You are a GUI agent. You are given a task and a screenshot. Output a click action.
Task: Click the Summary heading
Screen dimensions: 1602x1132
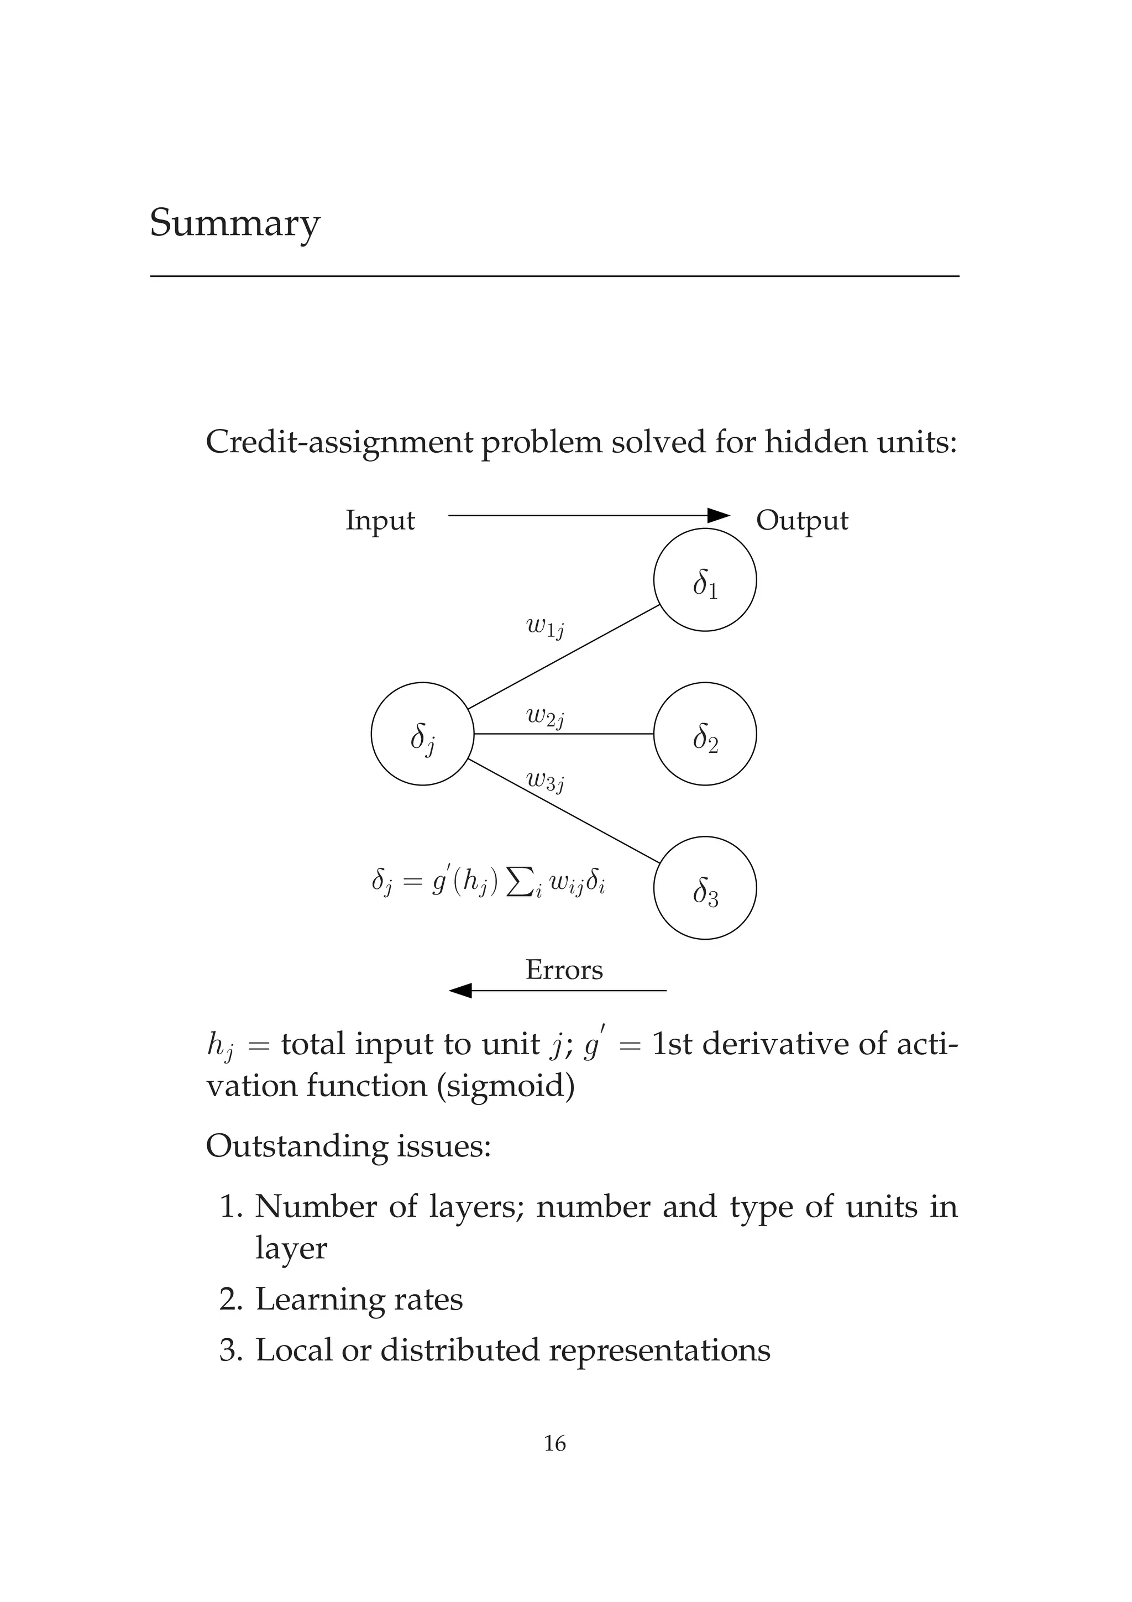tap(234, 223)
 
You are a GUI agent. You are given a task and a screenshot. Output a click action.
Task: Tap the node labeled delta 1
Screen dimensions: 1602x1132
tap(704, 580)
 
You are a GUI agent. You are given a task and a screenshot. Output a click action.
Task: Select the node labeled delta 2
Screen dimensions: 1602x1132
tap(704, 734)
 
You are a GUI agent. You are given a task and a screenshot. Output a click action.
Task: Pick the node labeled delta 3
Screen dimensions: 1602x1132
tap(704, 888)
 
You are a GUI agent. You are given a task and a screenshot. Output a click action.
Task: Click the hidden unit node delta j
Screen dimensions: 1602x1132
tap(422, 734)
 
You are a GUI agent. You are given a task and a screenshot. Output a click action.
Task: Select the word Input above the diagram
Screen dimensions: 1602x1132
tap(380, 521)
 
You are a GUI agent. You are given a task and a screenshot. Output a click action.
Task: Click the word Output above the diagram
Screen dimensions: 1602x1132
tap(802, 521)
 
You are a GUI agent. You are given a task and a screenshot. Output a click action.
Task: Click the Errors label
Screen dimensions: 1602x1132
tap(564, 970)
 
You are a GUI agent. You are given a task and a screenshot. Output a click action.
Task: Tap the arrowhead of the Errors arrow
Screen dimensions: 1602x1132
tap(460, 990)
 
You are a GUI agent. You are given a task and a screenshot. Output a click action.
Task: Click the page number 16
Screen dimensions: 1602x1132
tap(554, 1443)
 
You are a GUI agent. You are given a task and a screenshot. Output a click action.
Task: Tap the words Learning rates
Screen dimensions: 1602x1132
tap(359, 1299)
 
